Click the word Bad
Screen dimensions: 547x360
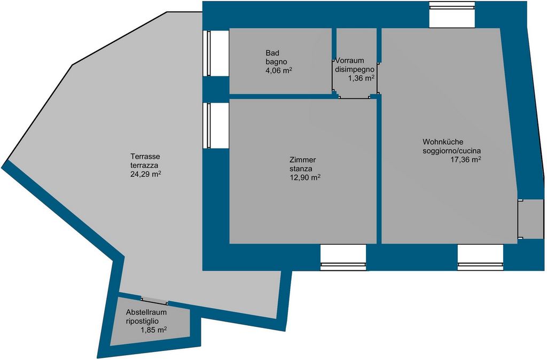(x=272, y=53)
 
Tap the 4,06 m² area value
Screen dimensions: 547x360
(x=279, y=71)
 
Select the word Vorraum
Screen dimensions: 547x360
(x=349, y=60)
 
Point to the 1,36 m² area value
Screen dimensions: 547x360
(x=361, y=78)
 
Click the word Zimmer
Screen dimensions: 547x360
(x=302, y=160)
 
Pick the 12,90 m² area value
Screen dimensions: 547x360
(x=305, y=177)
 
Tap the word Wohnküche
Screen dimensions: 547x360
(x=443, y=142)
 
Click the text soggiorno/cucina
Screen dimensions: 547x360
(x=452, y=151)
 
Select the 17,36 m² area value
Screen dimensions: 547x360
(x=466, y=160)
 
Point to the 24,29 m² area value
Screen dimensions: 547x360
(x=146, y=174)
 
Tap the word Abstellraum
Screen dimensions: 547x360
(x=146, y=312)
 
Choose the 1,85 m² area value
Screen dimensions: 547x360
(x=153, y=330)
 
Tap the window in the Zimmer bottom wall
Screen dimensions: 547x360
(x=343, y=257)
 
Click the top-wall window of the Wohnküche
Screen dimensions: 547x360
(x=452, y=14)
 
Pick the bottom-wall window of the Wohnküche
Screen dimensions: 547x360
(x=480, y=257)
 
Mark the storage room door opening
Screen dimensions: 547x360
(x=154, y=301)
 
